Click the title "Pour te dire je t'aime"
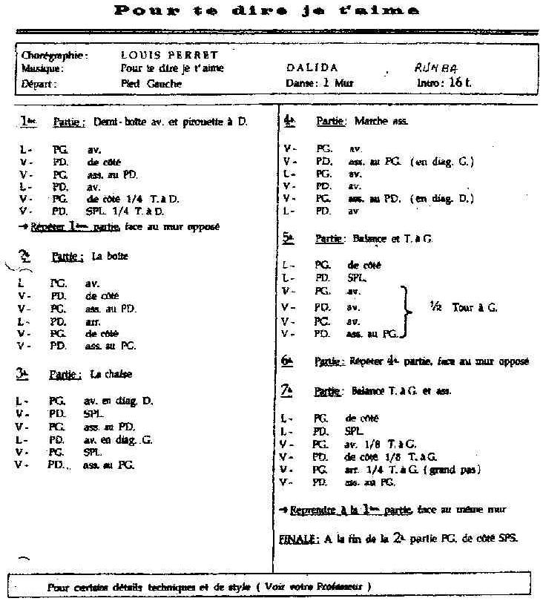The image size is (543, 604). point(267,10)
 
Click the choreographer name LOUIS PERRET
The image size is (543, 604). point(168,55)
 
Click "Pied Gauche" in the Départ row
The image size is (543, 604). point(151,83)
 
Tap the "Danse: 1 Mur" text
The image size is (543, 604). point(320,83)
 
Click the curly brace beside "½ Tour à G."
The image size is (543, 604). point(404,311)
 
